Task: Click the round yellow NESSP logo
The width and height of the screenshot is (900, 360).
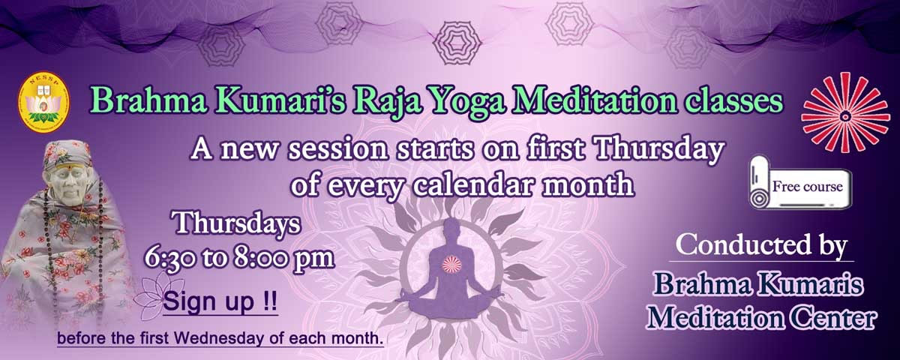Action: [x=43, y=100]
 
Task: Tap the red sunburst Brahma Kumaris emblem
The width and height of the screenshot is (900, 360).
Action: [x=846, y=112]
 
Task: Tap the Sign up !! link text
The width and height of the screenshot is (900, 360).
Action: [x=220, y=301]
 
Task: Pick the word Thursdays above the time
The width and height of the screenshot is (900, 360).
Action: [x=237, y=223]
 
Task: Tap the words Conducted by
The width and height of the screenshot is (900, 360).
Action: [x=761, y=245]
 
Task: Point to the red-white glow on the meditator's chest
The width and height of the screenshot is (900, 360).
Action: [x=452, y=264]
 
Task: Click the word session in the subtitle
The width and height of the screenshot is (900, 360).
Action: [x=339, y=149]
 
